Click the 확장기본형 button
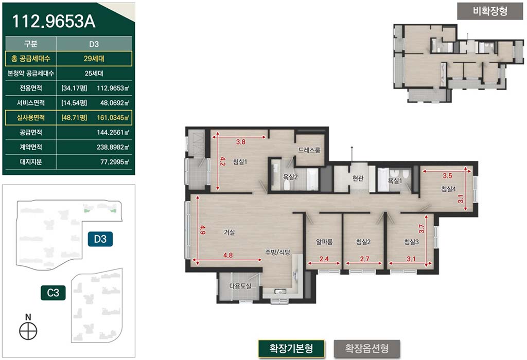[x=291, y=348]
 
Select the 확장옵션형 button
[x=366, y=348]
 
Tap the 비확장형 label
[x=490, y=11]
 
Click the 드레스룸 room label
[x=309, y=150]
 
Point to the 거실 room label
[x=229, y=232]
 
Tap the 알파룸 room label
[x=324, y=241]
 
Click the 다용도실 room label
[x=240, y=286]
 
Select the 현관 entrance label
[x=358, y=178]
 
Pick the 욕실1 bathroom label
[x=395, y=181]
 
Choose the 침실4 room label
[x=448, y=189]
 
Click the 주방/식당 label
[x=277, y=252]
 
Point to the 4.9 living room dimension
[x=202, y=230]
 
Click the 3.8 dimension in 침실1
[x=241, y=142]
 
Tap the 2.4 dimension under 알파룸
[x=324, y=259]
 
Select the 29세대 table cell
[x=94, y=59]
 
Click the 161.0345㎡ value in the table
[x=113, y=118]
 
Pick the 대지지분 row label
[x=30, y=162]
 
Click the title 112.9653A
[x=54, y=21]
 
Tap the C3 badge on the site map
[x=53, y=293]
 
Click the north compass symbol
[x=28, y=331]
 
